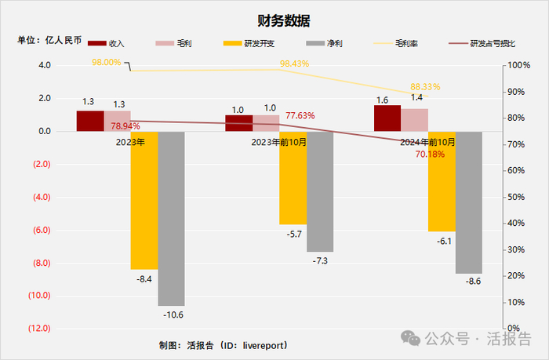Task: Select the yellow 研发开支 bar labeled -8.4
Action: (x=144, y=200)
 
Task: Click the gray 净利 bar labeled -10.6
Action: (x=171, y=218)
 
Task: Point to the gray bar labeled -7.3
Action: (x=320, y=191)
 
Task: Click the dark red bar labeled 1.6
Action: (x=387, y=118)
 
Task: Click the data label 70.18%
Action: (x=430, y=155)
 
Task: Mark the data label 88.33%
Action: (x=425, y=87)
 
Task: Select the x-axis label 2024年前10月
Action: (x=428, y=142)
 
